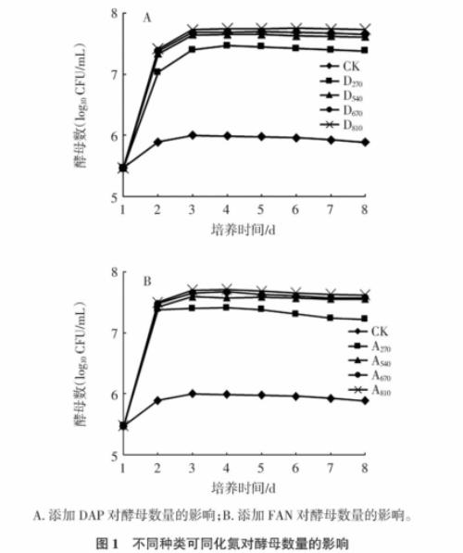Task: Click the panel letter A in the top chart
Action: point(146,18)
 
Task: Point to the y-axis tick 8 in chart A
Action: point(114,13)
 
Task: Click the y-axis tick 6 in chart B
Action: point(114,395)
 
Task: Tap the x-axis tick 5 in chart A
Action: point(262,209)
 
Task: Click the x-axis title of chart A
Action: point(243,227)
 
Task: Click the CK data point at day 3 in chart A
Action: point(192,135)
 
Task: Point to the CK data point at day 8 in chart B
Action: point(365,401)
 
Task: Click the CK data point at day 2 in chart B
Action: point(157,400)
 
